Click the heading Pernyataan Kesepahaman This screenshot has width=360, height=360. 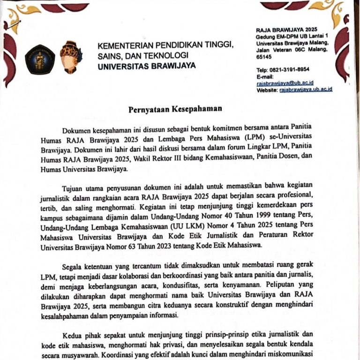pyautogui.click(x=175, y=109)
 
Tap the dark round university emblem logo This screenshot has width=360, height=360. pyautogui.click(x=40, y=59)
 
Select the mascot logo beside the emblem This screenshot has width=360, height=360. pyautogui.click(x=71, y=57)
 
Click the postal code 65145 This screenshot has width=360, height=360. pyautogui.click(x=264, y=56)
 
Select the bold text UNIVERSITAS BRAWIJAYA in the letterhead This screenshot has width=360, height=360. pyautogui.click(x=147, y=66)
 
